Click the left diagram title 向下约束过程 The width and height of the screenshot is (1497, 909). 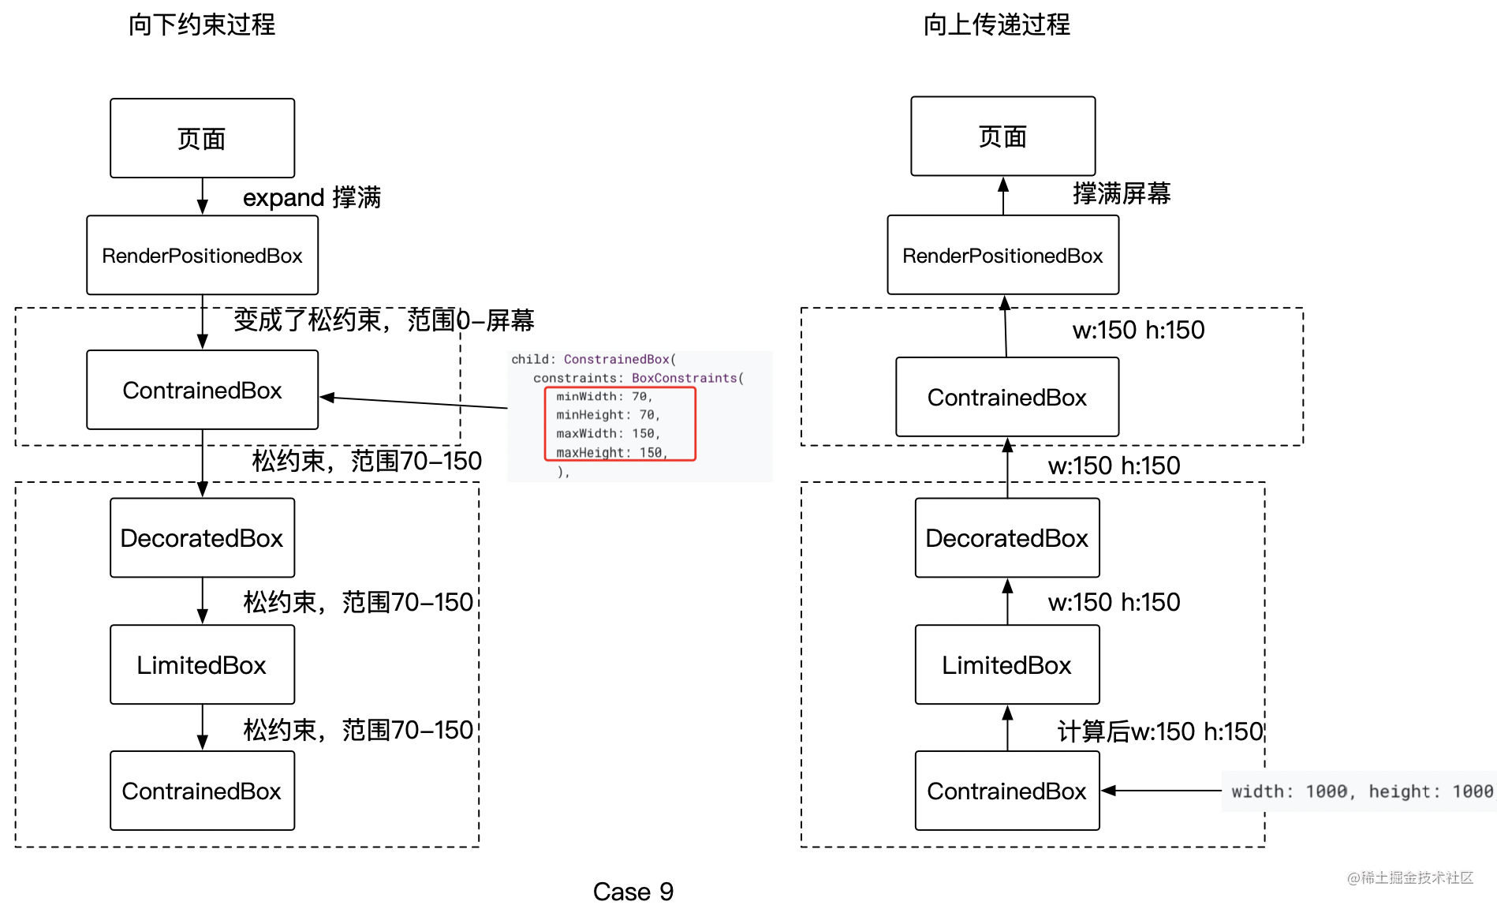(202, 24)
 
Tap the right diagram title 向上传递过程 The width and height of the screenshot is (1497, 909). (997, 24)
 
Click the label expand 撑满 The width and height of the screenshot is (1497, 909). (312, 197)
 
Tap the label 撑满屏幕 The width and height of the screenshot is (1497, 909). (1122, 193)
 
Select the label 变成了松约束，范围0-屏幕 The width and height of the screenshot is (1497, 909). (384, 320)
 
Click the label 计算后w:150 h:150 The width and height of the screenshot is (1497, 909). (1161, 731)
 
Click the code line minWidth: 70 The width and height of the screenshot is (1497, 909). (604, 397)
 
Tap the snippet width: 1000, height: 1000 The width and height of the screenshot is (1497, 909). (1362, 791)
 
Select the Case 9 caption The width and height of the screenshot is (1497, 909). (633, 892)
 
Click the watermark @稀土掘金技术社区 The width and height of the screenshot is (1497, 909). (1410, 877)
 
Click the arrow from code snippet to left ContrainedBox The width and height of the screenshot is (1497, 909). (414, 402)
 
